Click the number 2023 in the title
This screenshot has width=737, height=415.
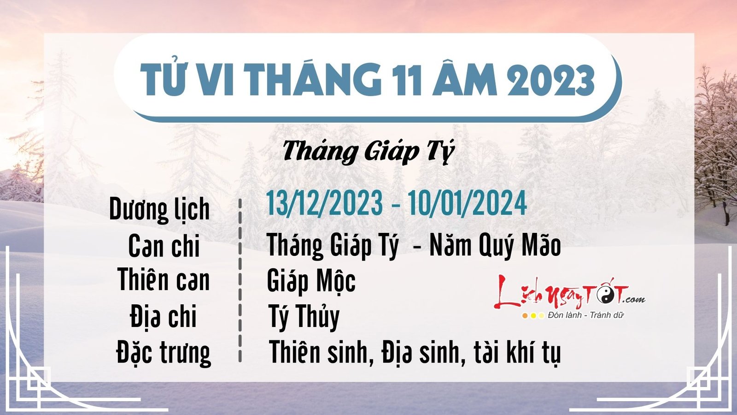click(x=551, y=80)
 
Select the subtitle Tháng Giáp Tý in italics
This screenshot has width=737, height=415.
click(x=368, y=152)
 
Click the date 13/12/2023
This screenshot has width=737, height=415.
click(x=324, y=203)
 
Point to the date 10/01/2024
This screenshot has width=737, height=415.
click(x=467, y=203)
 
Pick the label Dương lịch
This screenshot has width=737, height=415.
click(x=159, y=210)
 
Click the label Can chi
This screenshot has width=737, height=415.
click(x=164, y=246)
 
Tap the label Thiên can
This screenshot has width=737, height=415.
click(x=164, y=280)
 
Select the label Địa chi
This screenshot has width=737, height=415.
click(x=164, y=316)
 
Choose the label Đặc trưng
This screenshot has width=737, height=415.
click(x=164, y=353)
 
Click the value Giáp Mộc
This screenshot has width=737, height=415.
click(x=311, y=281)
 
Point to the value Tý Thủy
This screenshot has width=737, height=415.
click(x=304, y=317)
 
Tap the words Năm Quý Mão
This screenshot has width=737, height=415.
click(x=495, y=246)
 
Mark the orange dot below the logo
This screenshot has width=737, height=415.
click(x=525, y=316)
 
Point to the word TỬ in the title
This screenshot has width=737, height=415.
click(x=159, y=80)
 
